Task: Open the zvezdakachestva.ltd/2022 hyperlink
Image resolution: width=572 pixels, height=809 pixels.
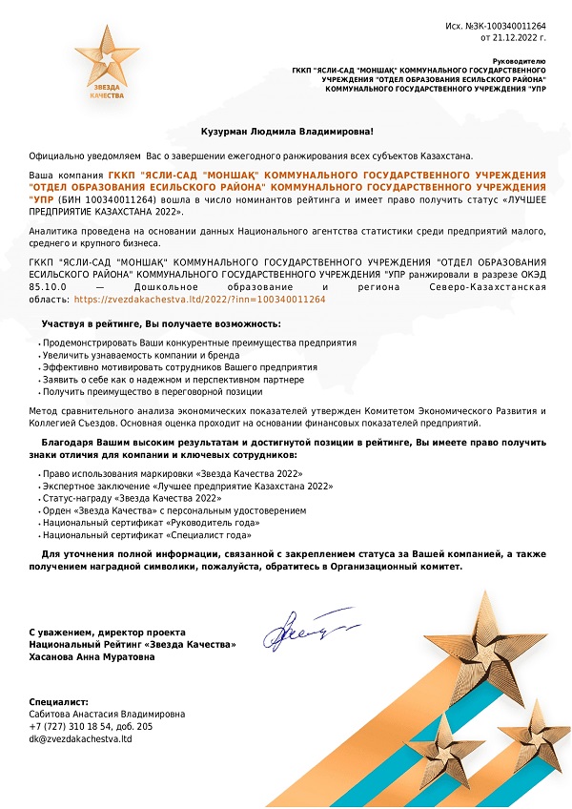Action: (x=199, y=300)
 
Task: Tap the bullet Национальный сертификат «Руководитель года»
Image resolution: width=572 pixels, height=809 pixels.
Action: (x=138, y=523)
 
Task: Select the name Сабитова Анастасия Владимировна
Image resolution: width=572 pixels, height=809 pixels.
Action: (x=107, y=714)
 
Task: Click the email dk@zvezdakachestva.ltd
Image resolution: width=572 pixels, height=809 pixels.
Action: (x=80, y=738)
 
